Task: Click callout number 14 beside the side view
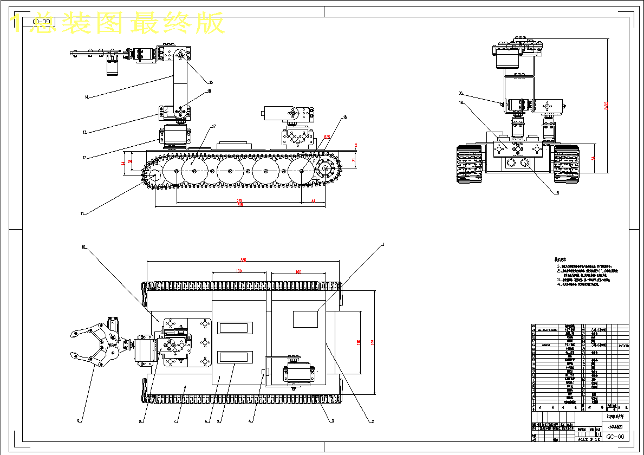pos(86,97)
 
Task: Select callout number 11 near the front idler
pos(83,213)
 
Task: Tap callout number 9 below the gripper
pos(79,420)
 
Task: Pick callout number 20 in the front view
pos(460,93)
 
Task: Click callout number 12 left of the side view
pos(84,158)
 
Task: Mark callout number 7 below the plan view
pos(175,421)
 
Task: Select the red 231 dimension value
pos(239,201)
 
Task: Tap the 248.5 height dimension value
pos(606,106)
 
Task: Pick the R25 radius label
pos(327,138)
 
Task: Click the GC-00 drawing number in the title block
pos(614,437)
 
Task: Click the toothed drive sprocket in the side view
pos(325,169)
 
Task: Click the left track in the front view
pos(470,165)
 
